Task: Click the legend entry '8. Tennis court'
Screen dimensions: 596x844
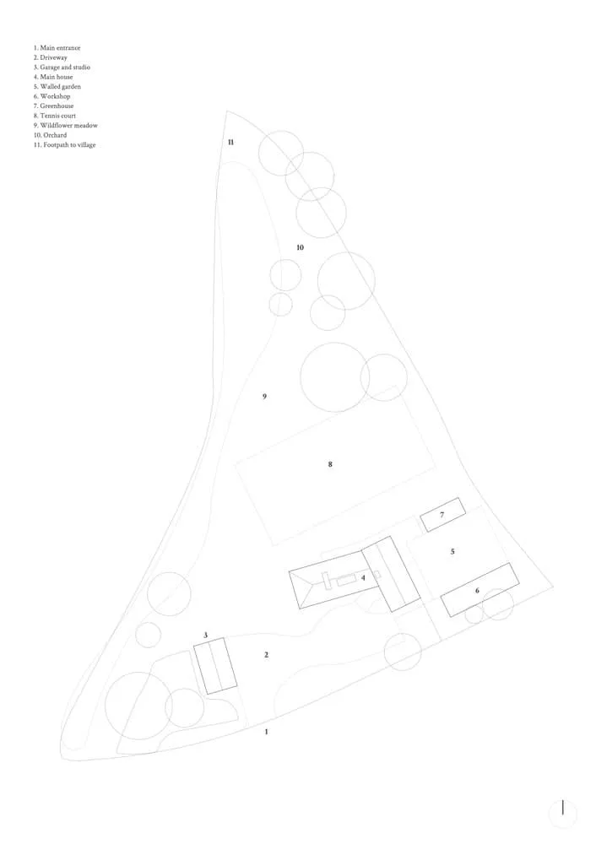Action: (x=54, y=116)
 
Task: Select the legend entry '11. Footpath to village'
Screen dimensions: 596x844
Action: (x=65, y=145)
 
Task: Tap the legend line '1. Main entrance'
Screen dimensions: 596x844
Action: (x=57, y=48)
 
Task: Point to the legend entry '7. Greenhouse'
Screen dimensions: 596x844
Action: (x=53, y=106)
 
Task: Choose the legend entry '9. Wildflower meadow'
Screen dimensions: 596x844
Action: (x=66, y=126)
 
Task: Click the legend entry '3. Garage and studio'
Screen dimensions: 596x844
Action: (x=62, y=68)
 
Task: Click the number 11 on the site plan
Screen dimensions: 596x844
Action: (x=231, y=142)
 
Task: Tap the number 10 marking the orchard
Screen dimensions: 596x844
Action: (x=300, y=247)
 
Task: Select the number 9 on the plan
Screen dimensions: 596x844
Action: (x=264, y=397)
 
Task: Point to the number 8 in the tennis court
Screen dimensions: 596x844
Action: (x=330, y=464)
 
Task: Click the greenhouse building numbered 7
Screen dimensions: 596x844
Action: (x=442, y=515)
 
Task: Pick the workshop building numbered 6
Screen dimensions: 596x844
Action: (x=480, y=590)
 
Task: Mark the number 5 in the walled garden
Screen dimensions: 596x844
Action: (x=452, y=551)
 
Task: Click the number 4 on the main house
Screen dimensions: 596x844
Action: (x=363, y=577)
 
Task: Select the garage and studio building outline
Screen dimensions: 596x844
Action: (x=215, y=666)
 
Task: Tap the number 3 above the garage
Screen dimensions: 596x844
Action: (x=206, y=636)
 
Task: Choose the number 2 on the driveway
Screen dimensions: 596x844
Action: (x=266, y=655)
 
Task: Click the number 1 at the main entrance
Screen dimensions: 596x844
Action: (x=266, y=732)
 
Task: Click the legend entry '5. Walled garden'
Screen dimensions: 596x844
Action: (x=57, y=87)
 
